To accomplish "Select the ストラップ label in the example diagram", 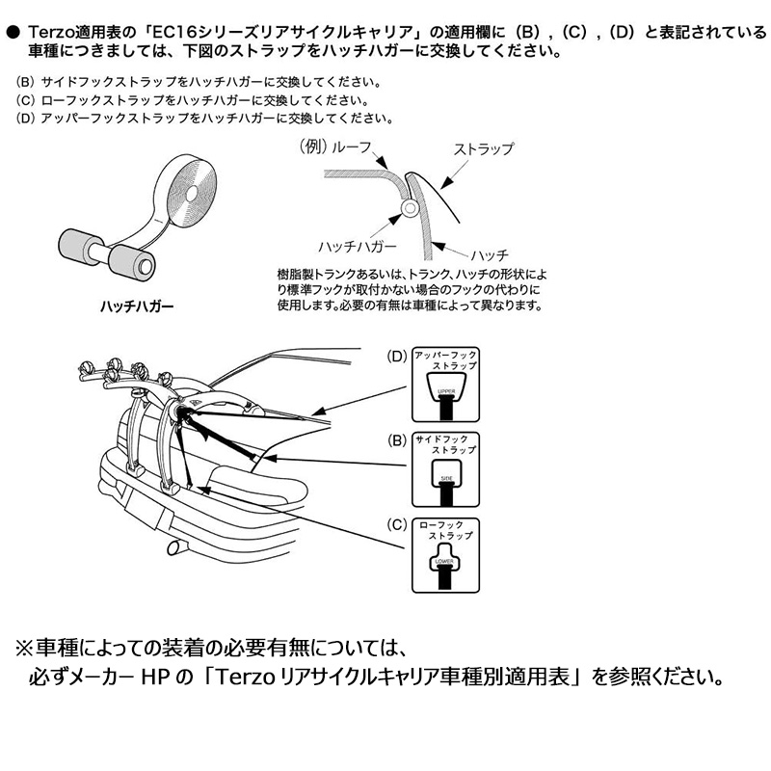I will point(484,149).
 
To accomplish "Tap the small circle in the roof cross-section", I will point(409,208).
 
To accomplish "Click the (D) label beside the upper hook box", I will point(397,356).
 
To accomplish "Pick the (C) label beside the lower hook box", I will point(397,524).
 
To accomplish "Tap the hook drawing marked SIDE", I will point(445,476).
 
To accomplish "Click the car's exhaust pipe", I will point(177,547).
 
